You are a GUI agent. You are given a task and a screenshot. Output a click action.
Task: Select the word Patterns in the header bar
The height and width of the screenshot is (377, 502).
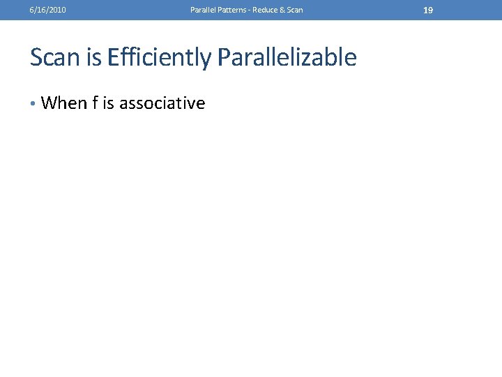click(232, 10)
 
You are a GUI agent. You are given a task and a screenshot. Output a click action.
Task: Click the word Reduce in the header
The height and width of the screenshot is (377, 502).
click(266, 10)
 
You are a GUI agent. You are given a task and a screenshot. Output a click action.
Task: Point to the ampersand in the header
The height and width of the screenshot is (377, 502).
click(283, 10)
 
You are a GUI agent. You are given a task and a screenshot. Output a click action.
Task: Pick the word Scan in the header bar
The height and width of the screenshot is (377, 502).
click(295, 10)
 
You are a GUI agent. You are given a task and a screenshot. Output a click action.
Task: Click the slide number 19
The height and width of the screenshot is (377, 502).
click(428, 10)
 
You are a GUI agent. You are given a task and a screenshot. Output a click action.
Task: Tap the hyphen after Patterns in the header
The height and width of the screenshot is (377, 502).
click(250, 10)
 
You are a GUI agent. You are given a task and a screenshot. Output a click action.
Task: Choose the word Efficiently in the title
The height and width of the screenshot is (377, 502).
click(158, 58)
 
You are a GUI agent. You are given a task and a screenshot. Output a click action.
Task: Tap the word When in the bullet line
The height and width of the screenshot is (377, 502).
click(64, 103)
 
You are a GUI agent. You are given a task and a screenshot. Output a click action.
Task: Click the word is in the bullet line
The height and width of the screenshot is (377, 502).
click(108, 103)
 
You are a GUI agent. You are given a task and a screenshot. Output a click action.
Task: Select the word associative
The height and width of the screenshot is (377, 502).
click(162, 103)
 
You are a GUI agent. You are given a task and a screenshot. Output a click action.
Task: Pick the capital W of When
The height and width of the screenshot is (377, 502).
click(50, 103)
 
